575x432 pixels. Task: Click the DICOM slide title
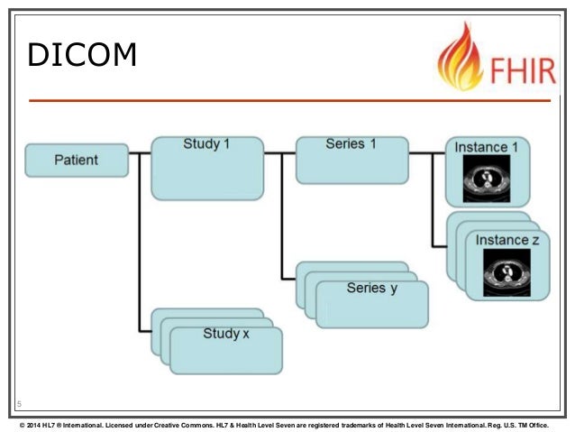pyautogui.click(x=82, y=55)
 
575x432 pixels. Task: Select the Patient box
pyautogui.click(x=76, y=161)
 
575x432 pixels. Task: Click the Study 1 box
pyautogui.click(x=206, y=168)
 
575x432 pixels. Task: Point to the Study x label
pyautogui.click(x=226, y=334)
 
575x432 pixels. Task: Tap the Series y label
pyautogui.click(x=371, y=288)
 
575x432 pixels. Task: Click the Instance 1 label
pyautogui.click(x=487, y=147)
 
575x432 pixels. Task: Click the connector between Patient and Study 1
pyautogui.click(x=139, y=153)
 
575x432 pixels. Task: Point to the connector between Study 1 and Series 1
pyautogui.click(x=280, y=153)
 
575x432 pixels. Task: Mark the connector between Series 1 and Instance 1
pyautogui.click(x=426, y=153)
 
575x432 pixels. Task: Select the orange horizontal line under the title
pyautogui.click(x=288, y=100)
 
